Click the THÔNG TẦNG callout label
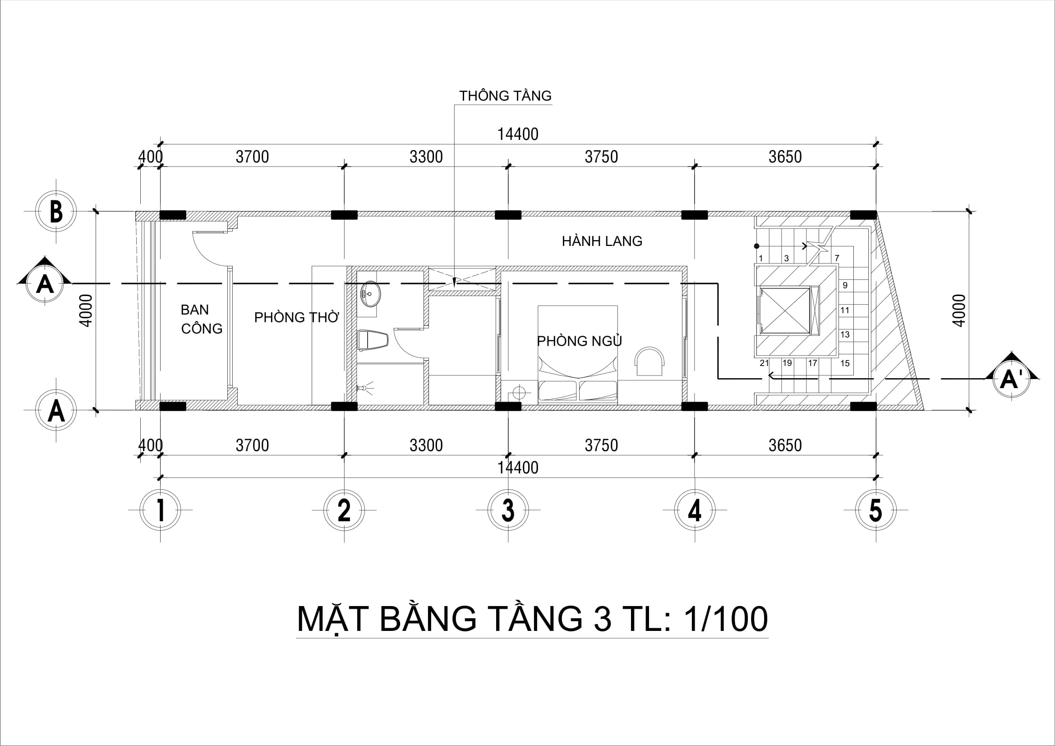pyautogui.click(x=505, y=96)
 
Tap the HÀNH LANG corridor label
pyautogui.click(x=602, y=241)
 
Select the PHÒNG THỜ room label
pyautogui.click(x=296, y=317)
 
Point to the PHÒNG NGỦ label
pyautogui.click(x=579, y=341)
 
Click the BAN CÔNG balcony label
pyautogui.click(x=201, y=319)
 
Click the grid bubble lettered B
pyautogui.click(x=56, y=212)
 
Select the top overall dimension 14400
pyautogui.click(x=518, y=134)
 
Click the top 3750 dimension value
pyautogui.click(x=601, y=157)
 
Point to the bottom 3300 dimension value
pyautogui.click(x=426, y=445)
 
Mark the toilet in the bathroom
pyautogui.click(x=372, y=340)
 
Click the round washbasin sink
pyautogui.click(x=370, y=294)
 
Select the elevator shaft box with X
pyautogui.click(x=785, y=310)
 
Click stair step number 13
pyautogui.click(x=844, y=334)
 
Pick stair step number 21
pyautogui.click(x=764, y=363)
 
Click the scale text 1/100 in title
pyautogui.click(x=726, y=619)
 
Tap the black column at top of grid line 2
pyautogui.click(x=344, y=215)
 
